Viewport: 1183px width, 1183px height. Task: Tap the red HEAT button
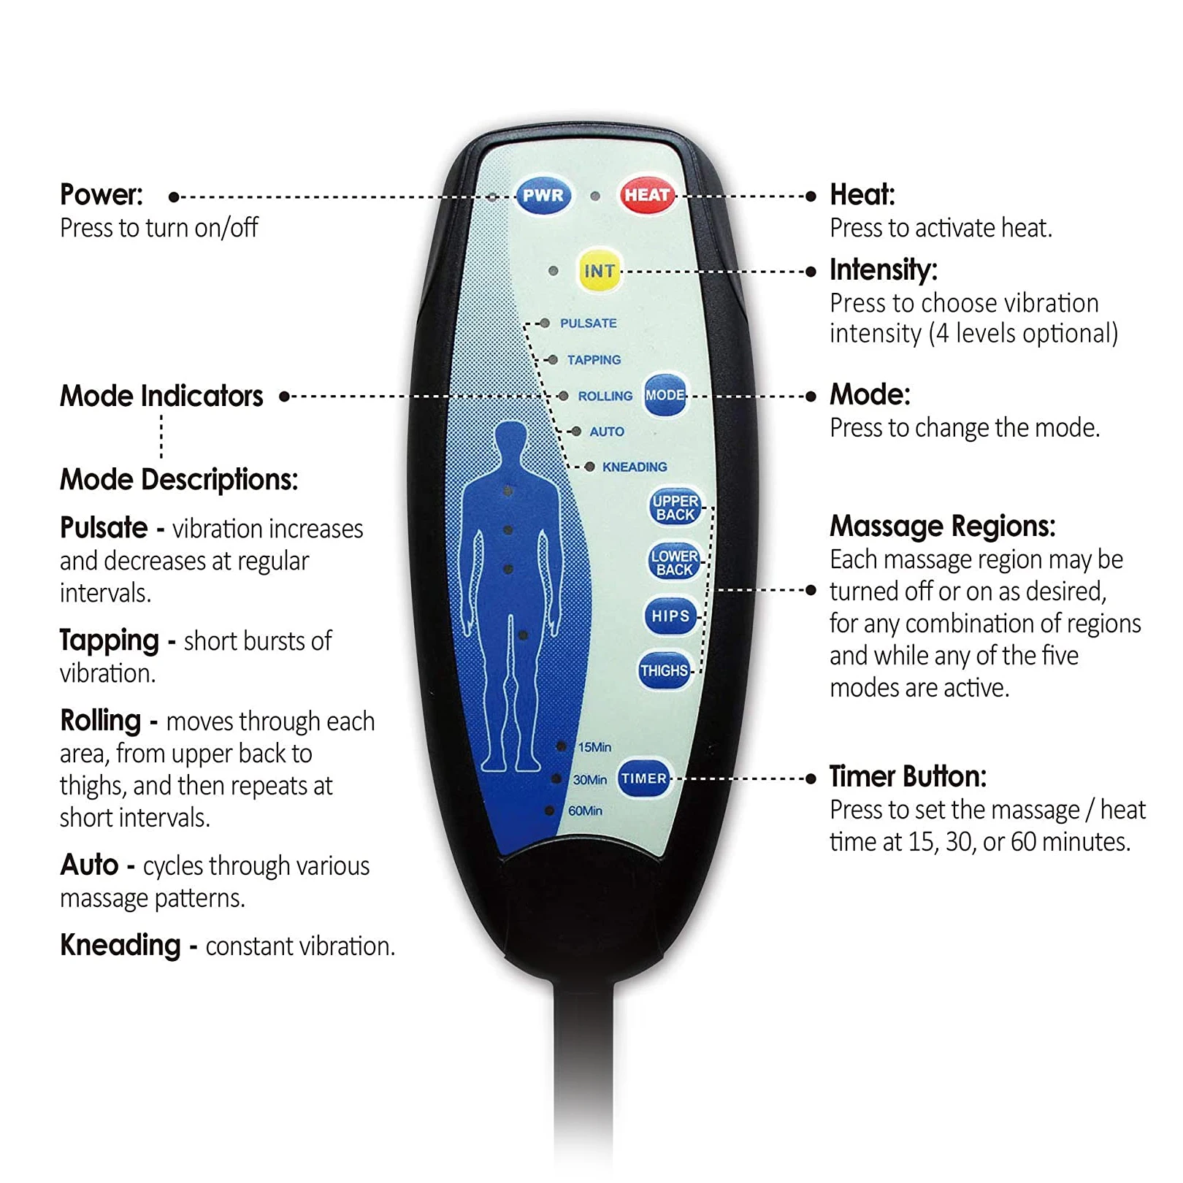point(646,195)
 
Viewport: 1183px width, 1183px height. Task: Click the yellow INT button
point(599,271)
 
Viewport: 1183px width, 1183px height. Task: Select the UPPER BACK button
point(675,508)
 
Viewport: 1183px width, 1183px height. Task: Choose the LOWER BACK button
point(674,562)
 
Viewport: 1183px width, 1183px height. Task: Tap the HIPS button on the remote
point(670,616)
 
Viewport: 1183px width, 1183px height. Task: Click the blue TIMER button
point(643,778)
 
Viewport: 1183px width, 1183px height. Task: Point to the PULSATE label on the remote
point(588,323)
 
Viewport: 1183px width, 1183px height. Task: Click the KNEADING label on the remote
point(634,467)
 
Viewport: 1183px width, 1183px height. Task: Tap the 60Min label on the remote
point(585,811)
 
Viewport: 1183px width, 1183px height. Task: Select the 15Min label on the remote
point(594,747)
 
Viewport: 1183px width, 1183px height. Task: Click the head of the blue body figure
point(510,440)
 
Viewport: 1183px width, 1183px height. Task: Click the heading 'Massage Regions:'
point(942,526)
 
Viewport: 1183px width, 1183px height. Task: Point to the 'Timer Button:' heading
point(907,776)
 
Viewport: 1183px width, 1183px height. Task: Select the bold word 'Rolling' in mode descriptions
point(101,721)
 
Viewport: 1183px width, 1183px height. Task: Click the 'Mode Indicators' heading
point(161,397)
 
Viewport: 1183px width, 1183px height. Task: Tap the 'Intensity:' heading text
point(883,269)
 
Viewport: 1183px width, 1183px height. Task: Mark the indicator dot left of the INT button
point(554,271)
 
